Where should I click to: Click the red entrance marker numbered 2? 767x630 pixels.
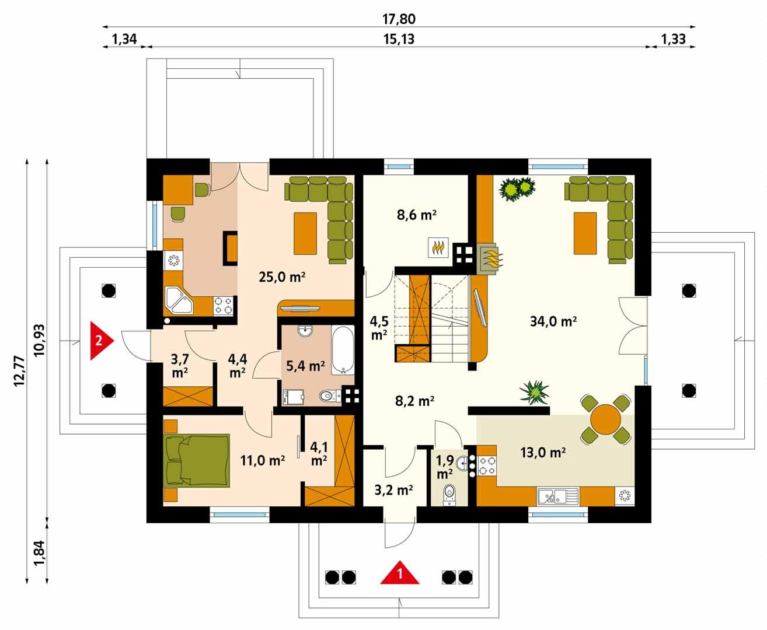(101, 341)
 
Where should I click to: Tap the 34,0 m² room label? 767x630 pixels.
(553, 321)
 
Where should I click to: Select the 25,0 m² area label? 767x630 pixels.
(282, 277)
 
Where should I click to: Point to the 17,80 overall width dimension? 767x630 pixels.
(399, 19)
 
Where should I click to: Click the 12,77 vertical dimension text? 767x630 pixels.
(19, 371)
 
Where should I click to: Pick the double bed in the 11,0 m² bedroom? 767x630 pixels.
(197, 461)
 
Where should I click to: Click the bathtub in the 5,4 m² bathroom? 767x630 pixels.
(343, 350)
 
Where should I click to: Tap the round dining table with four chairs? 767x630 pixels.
(605, 419)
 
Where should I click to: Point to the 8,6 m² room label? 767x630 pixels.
(416, 215)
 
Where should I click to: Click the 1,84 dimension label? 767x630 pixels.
(39, 552)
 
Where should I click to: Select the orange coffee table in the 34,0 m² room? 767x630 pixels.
(585, 233)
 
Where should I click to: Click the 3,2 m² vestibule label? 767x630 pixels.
(393, 491)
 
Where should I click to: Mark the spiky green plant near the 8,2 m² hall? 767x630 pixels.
(534, 392)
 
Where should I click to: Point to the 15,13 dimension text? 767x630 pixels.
(399, 39)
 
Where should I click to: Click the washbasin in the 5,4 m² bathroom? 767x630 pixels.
(305, 330)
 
